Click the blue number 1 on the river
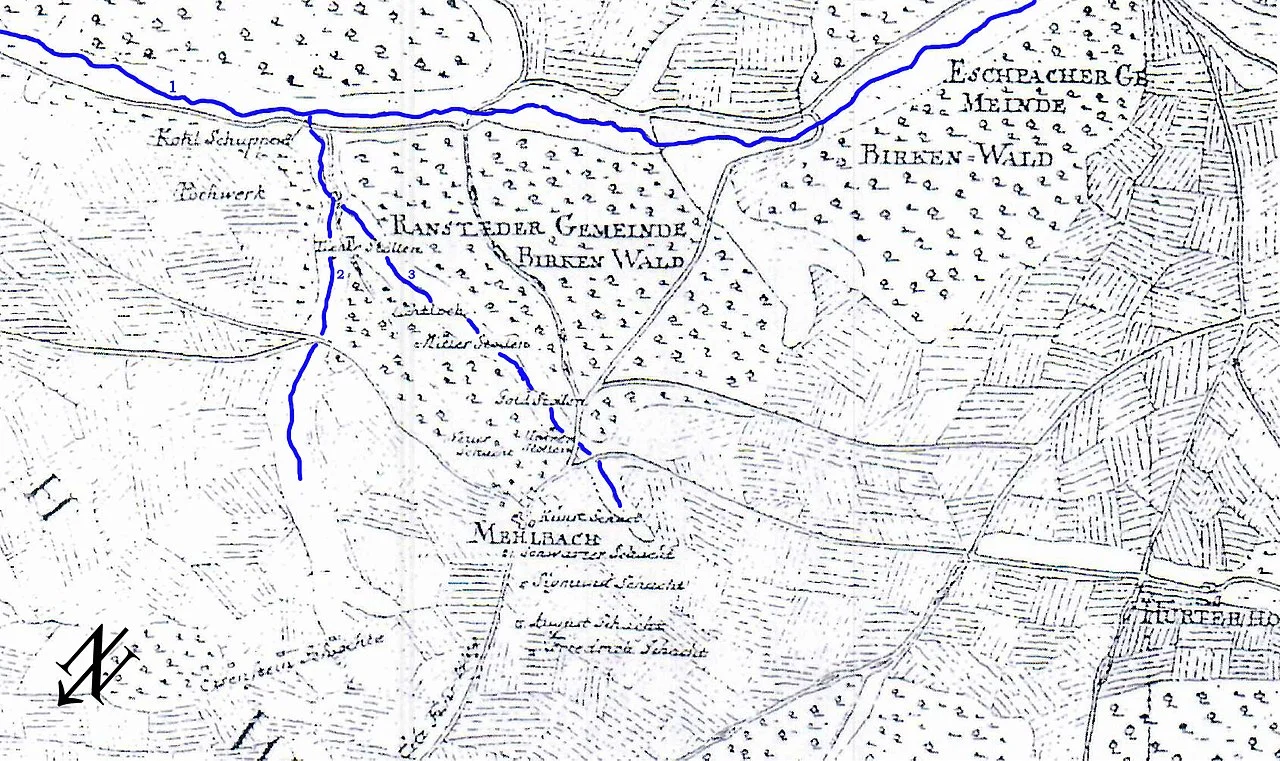pyautogui.click(x=172, y=88)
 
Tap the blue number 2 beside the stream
pyautogui.click(x=340, y=274)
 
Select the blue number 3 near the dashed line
pyautogui.click(x=410, y=274)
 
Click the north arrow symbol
pyautogui.click(x=95, y=666)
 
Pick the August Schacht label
pyautogui.click(x=600, y=623)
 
